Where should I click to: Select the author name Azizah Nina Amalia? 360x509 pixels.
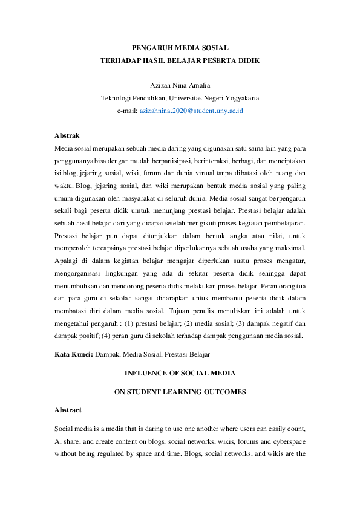click(180, 85)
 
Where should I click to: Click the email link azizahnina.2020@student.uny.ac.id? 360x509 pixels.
click(191, 112)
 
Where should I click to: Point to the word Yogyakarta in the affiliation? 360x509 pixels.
click(240, 99)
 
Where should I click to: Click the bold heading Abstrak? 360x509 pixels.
click(67, 135)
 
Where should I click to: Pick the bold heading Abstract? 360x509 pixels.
click(68, 410)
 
